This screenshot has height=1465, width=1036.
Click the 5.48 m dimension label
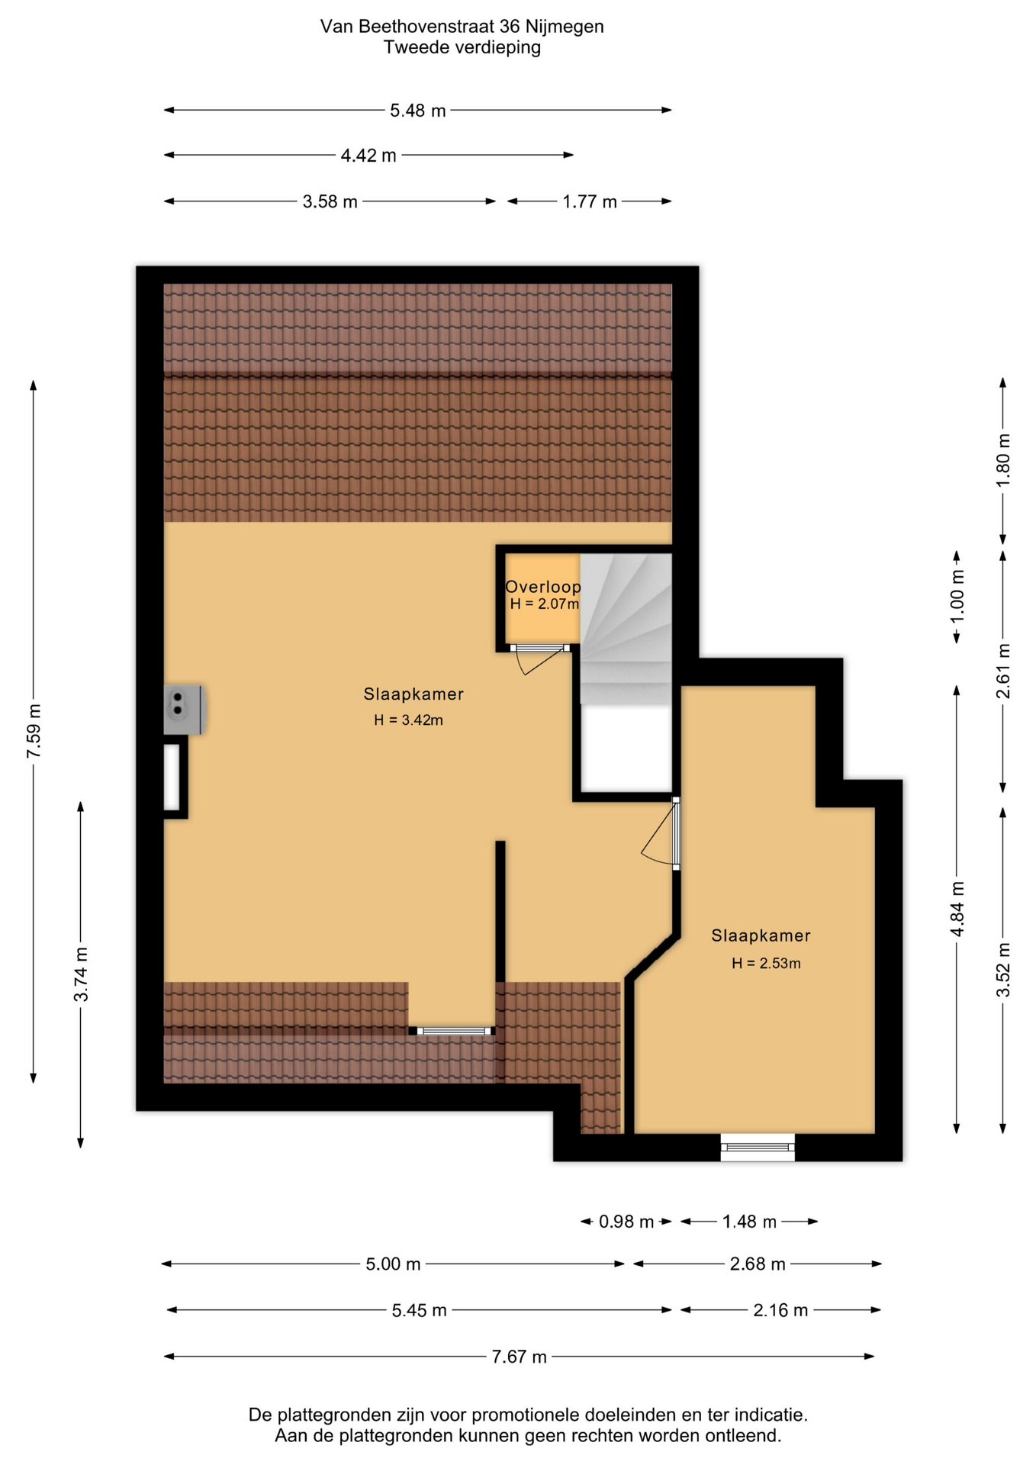point(417,111)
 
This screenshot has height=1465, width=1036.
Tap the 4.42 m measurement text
point(368,156)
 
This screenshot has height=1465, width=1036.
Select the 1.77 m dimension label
point(590,202)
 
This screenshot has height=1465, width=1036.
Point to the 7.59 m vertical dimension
point(34,731)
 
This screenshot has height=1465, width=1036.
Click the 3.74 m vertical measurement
point(81,974)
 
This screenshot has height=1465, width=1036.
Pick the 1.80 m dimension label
point(1003,460)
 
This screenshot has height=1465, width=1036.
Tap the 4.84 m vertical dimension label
point(957,909)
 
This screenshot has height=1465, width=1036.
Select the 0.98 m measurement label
point(626,1222)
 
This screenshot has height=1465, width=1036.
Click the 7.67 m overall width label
point(519,1357)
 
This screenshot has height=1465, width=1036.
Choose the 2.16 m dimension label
point(780,1310)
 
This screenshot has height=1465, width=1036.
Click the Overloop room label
point(543,587)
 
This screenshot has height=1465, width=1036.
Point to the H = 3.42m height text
point(408,720)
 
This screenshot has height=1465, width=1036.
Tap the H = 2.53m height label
point(766,963)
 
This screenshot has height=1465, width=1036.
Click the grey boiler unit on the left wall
point(184,710)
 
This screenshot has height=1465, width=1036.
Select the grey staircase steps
point(626,629)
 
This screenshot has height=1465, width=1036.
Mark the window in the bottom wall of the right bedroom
point(758,1147)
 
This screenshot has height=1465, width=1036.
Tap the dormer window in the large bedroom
point(452,1031)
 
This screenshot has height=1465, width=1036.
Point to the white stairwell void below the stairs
point(626,749)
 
